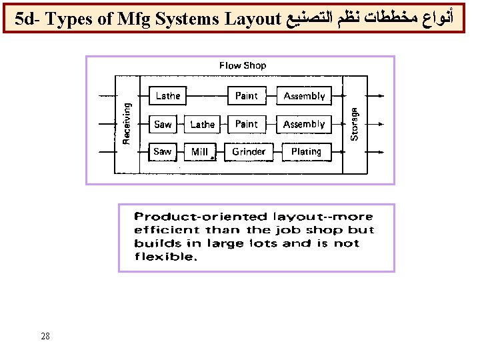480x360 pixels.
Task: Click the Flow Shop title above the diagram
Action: pyautogui.click(x=243, y=65)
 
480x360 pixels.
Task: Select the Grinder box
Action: pyautogui.click(x=249, y=152)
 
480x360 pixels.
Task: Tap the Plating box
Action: pyautogui.click(x=306, y=152)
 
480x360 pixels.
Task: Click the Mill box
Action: pyautogui.click(x=201, y=152)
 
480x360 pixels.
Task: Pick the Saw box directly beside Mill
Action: pyautogui.click(x=162, y=152)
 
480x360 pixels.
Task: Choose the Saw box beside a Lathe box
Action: pyautogui.click(x=163, y=124)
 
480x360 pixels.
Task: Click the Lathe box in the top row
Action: pyautogui.click(x=168, y=96)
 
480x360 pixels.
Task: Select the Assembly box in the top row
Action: pyautogui.click(x=304, y=96)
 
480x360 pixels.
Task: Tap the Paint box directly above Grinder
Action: pyautogui.click(x=246, y=124)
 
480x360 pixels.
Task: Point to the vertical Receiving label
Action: pyautogui.click(x=127, y=121)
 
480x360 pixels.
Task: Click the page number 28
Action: pyautogui.click(x=45, y=336)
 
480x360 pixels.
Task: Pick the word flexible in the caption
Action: pyautogui.click(x=166, y=257)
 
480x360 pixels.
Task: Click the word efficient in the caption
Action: pyautogui.click(x=167, y=230)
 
